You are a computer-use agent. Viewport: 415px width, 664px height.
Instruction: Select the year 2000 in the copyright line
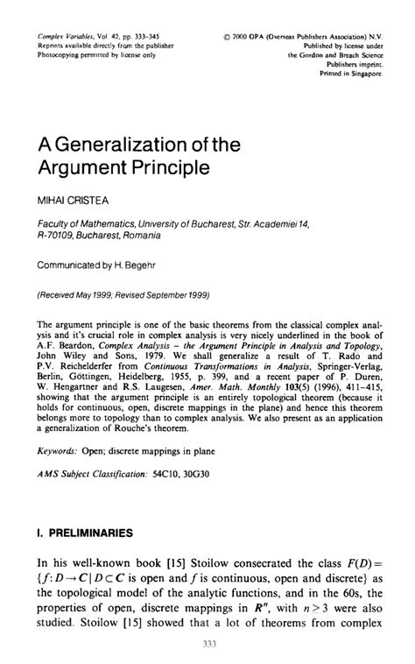coord(241,37)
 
